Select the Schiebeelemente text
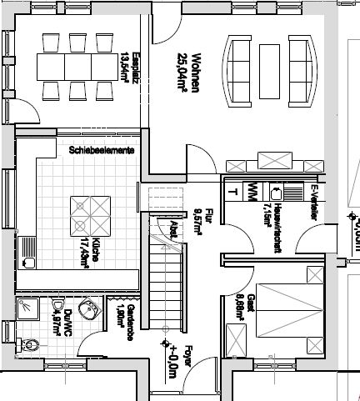point(102,150)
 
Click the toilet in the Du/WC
point(30,343)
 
